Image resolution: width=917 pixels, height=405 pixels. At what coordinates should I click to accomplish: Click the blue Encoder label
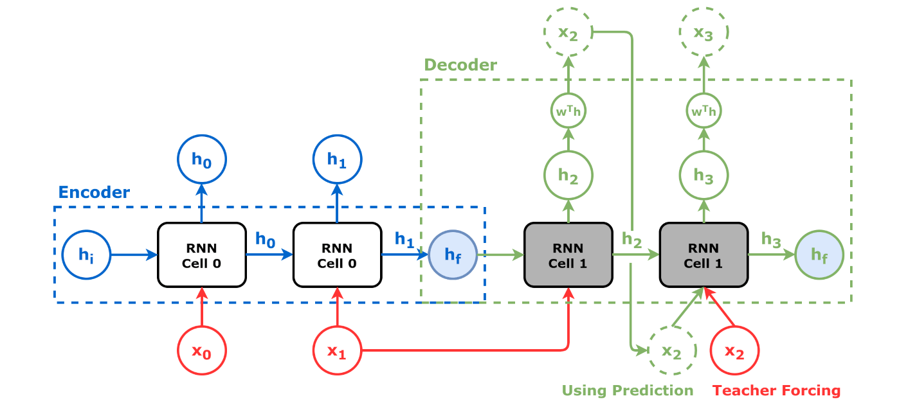94,192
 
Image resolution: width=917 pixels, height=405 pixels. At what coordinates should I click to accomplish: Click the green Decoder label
460,65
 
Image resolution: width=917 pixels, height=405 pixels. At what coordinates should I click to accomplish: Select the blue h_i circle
86,255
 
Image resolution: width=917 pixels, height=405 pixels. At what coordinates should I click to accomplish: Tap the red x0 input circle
202,352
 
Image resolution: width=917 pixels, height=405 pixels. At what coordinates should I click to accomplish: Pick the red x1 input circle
337,352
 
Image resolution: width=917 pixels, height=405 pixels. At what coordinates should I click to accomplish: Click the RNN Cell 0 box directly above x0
202,255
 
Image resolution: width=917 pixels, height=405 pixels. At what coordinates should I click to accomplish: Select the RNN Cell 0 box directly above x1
337,255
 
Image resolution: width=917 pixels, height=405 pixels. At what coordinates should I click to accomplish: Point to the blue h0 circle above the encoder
202,159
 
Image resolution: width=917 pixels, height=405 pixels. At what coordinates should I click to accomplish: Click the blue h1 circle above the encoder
337,159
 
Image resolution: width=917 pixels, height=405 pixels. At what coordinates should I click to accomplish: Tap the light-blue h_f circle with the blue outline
452,255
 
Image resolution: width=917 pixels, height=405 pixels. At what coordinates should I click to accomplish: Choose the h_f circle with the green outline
819,255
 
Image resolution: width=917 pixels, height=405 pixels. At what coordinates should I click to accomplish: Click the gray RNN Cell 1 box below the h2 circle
568,255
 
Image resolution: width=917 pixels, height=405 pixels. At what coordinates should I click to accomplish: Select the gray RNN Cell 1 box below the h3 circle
704,255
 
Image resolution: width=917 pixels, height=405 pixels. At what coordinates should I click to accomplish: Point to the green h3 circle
704,175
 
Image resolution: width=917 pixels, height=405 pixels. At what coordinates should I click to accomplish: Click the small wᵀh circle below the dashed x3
704,111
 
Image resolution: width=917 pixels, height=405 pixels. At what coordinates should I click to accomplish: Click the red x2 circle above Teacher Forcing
734,352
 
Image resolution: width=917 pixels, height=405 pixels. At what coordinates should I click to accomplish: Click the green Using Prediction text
628,390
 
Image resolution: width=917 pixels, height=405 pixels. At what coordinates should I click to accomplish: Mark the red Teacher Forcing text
776,390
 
